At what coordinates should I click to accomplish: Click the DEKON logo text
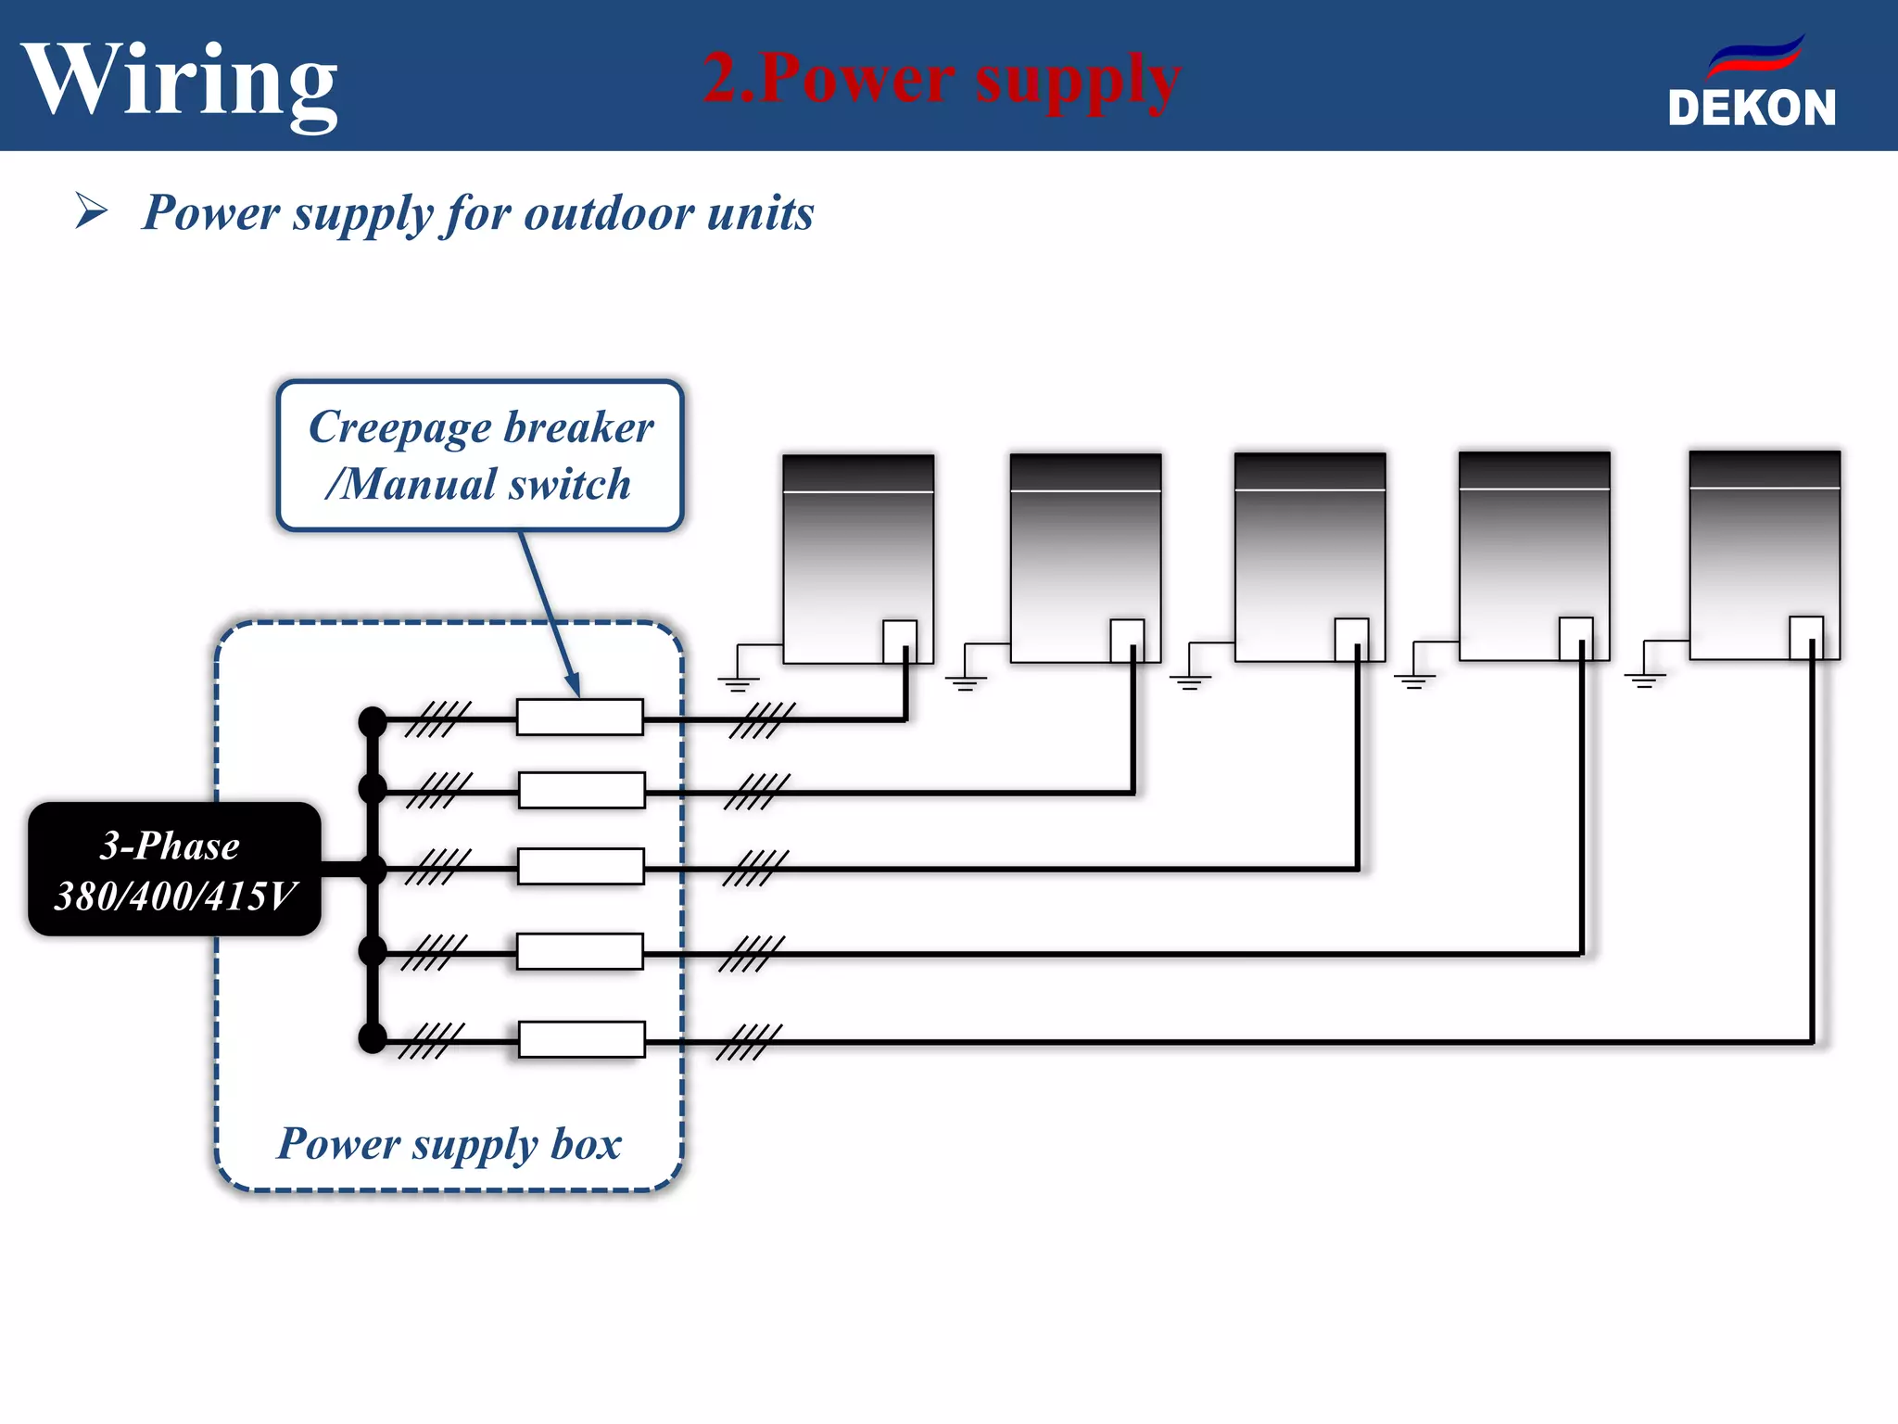[1751, 108]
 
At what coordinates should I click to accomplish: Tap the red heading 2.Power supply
[941, 78]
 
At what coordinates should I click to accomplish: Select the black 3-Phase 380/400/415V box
[174, 869]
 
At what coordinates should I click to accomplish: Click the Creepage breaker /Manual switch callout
[480, 455]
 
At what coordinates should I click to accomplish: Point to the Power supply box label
[449, 1143]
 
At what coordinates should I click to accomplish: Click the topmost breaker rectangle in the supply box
[580, 717]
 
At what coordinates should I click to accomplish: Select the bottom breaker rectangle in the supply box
[581, 1039]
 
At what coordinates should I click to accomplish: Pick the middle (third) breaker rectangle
[581, 866]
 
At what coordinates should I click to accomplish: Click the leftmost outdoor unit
[857, 559]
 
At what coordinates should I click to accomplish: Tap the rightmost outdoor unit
[1764, 555]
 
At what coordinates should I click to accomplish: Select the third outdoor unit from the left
[1310, 557]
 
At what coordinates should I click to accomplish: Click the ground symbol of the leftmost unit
[738, 682]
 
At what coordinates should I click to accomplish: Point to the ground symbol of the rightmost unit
[1644, 679]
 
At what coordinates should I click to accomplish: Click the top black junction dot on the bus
[373, 720]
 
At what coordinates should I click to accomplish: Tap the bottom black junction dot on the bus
[373, 1038]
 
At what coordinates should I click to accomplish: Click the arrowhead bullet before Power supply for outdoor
[91, 210]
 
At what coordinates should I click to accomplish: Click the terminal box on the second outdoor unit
[1127, 638]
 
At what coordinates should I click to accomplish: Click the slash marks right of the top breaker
[762, 720]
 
